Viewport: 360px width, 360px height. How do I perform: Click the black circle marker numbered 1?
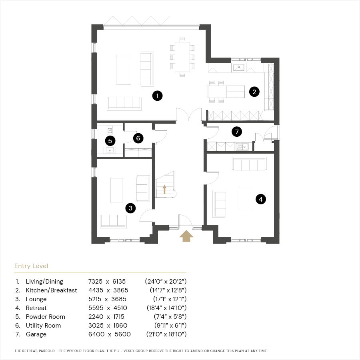[157, 96]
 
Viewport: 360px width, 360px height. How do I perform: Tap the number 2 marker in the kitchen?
[254, 92]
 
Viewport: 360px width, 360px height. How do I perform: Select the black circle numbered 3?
[130, 208]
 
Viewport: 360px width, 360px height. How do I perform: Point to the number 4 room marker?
[260, 199]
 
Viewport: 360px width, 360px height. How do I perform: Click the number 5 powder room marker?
[110, 141]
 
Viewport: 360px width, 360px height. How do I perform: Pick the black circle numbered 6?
[138, 138]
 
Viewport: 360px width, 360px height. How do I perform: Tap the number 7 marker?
[237, 132]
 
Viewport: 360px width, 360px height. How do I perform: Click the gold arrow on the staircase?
[164, 190]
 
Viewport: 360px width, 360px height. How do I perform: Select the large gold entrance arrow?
[186, 236]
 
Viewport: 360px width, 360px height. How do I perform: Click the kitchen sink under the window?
[239, 68]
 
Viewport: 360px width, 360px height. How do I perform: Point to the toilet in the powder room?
[110, 130]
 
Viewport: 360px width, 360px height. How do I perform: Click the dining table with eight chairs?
[182, 57]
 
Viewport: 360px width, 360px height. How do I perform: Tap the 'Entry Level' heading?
[31, 266]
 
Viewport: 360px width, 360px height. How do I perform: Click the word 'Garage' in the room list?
[36, 334]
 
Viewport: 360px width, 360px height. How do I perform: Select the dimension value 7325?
[95, 282]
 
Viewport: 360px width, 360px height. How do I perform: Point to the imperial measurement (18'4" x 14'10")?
[167, 308]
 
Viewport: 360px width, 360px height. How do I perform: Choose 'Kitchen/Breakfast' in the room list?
[52, 290]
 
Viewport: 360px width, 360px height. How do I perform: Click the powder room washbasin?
[110, 151]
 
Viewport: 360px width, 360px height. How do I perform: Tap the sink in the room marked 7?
[242, 147]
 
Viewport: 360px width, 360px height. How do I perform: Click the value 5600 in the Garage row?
[123, 334]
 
